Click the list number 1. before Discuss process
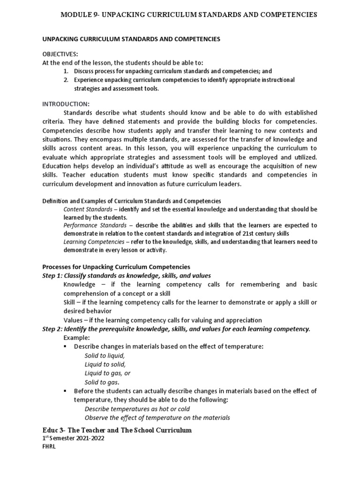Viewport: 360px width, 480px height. pos(66,71)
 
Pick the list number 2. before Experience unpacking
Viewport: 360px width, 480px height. pos(66,80)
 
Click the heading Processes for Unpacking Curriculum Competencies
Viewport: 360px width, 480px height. pos(116,267)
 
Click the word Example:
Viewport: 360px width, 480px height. pos(76,337)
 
